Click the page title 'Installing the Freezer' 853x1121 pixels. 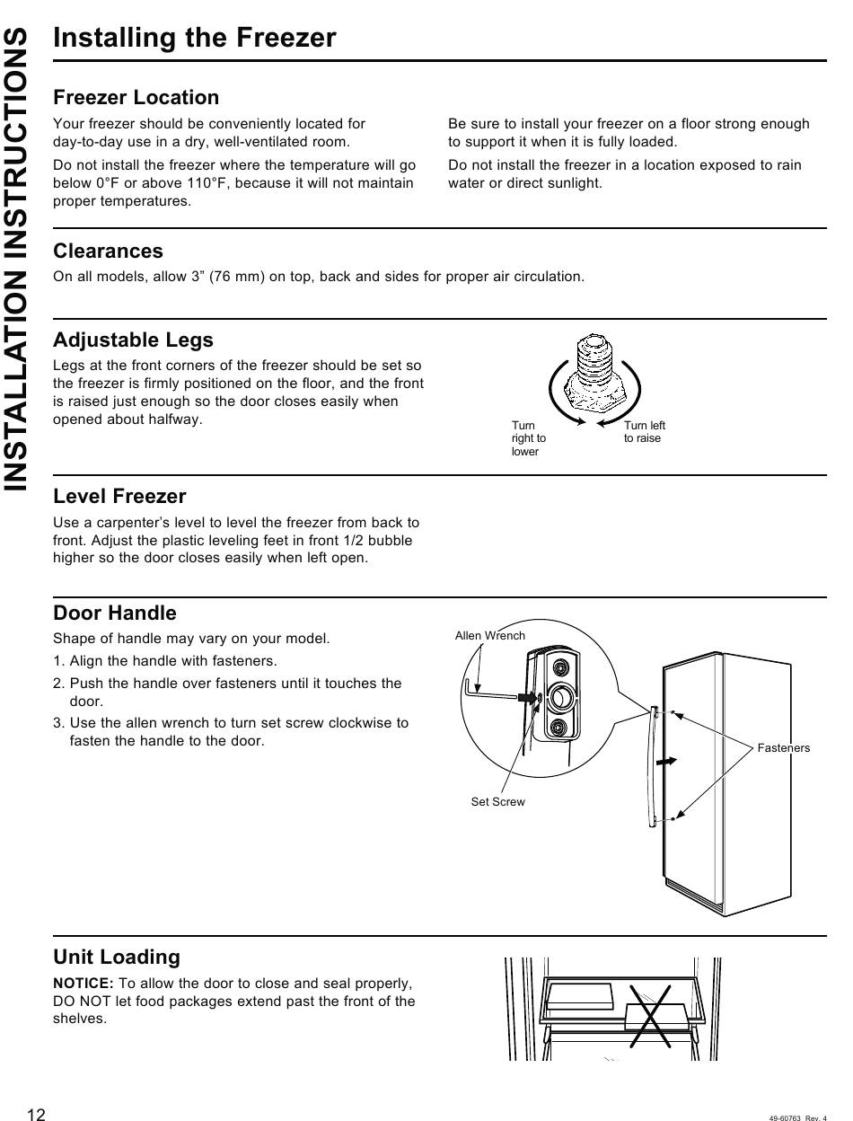[x=194, y=39]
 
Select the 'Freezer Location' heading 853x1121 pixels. [x=136, y=97]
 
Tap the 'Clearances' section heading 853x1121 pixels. [x=108, y=251]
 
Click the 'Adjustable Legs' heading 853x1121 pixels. [x=133, y=340]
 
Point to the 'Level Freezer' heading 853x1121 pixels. [x=119, y=496]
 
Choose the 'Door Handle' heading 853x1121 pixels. [x=114, y=613]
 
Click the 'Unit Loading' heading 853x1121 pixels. [x=116, y=957]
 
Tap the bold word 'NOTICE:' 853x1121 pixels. [x=83, y=984]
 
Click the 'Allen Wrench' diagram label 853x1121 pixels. [x=489, y=636]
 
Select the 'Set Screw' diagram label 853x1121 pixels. [x=497, y=801]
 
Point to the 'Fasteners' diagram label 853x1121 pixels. [x=783, y=747]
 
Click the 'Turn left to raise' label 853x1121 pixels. [x=644, y=432]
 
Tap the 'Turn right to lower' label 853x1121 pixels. [x=528, y=438]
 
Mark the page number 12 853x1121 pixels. [x=36, y=1115]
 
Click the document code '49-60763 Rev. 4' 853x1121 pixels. [x=797, y=1117]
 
